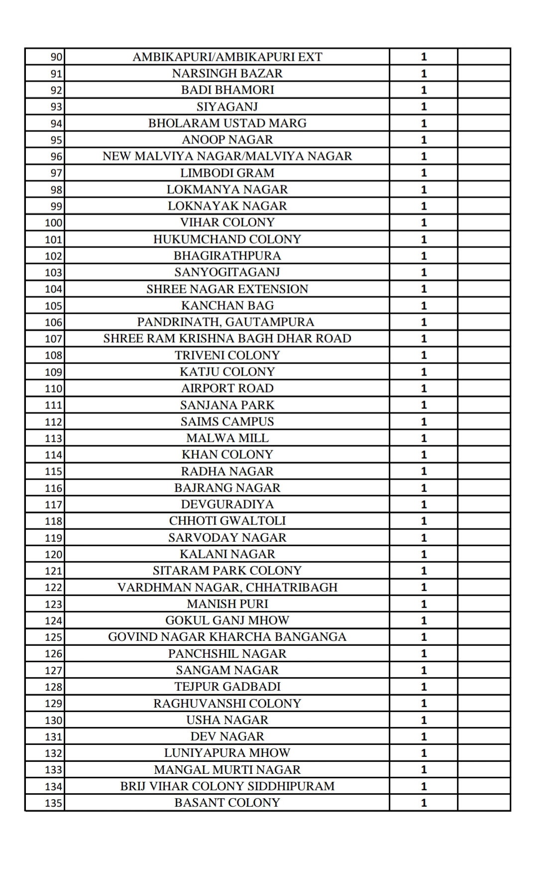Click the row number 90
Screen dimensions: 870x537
56,57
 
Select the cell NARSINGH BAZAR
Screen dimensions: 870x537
227,74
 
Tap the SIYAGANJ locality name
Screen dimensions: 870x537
227,107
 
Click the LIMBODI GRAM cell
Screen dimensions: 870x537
227,173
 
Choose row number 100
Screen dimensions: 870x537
53,223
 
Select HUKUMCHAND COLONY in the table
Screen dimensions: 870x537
227,239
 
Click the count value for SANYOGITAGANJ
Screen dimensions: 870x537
424,272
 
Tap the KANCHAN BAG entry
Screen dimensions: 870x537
227,305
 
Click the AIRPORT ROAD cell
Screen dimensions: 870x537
227,388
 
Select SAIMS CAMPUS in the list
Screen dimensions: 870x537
227,421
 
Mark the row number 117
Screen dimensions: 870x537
53,505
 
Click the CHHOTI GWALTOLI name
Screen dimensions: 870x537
227,521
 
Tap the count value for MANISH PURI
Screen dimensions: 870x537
424,604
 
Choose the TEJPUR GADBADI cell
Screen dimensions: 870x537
227,687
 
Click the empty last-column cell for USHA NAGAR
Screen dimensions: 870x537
484,720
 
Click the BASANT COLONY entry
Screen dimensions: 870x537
227,803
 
